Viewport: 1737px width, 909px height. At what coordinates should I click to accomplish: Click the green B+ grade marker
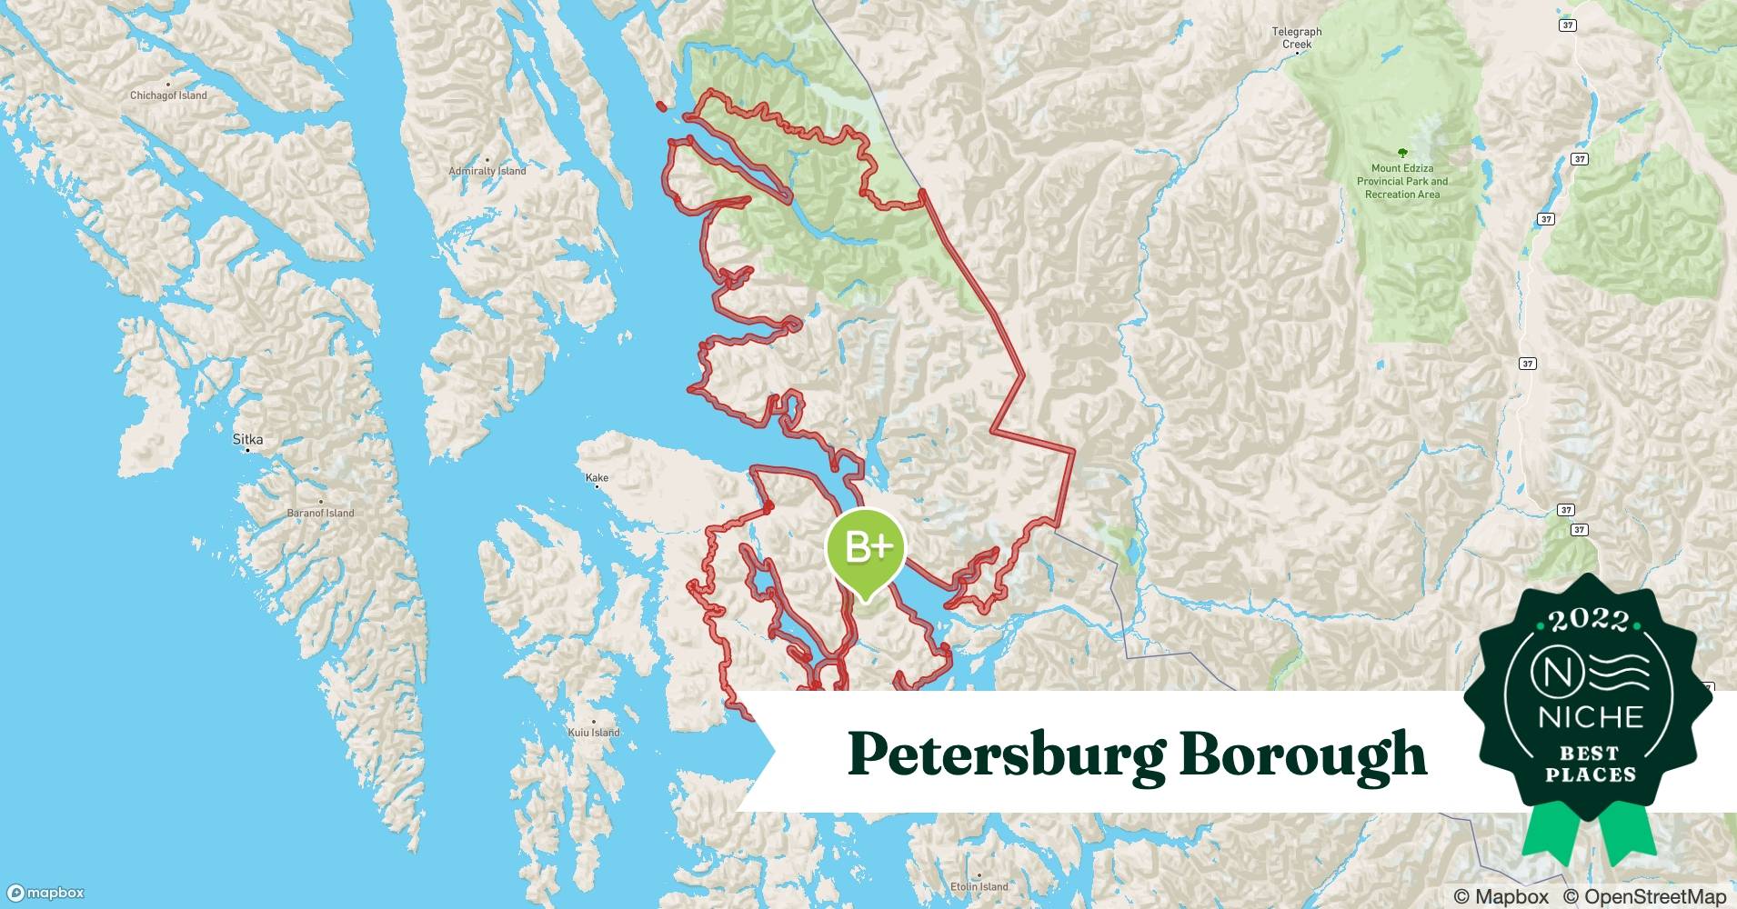tap(865, 548)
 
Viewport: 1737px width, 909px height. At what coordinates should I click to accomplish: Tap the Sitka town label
tap(247, 439)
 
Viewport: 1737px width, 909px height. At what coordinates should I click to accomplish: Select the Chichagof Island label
tap(168, 95)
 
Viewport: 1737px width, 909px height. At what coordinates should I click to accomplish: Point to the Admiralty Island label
tap(487, 171)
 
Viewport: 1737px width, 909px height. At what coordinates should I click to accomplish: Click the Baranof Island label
tap(320, 513)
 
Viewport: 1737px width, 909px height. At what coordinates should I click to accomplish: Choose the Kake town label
tap(597, 477)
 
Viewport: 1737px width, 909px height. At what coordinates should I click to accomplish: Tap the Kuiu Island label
tap(593, 732)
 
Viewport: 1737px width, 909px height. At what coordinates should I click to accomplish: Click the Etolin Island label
tap(979, 886)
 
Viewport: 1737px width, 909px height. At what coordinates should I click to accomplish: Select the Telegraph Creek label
tap(1296, 37)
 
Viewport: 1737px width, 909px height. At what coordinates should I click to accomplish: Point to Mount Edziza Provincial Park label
tap(1402, 181)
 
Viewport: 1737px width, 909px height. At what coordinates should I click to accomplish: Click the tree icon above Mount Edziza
tap(1401, 154)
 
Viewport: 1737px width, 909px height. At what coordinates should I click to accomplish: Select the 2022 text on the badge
tap(1590, 620)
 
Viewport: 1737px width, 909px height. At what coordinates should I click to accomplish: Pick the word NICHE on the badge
tap(1591, 717)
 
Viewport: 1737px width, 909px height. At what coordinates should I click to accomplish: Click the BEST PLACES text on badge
tap(1591, 764)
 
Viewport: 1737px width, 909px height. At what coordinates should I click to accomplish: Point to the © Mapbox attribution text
tap(1501, 896)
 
